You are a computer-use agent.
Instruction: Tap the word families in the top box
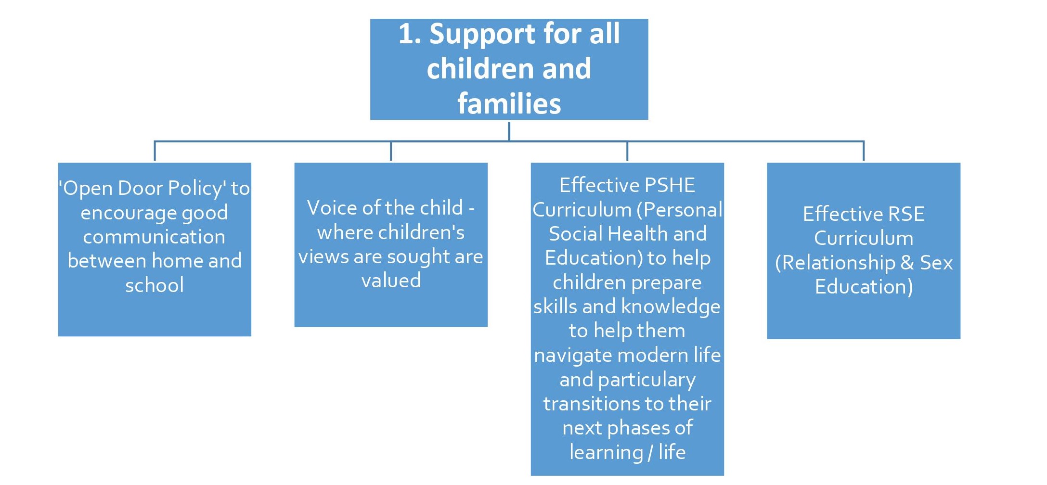tap(509, 103)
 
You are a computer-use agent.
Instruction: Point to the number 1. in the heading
tap(410, 35)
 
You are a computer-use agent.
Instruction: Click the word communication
tap(154, 237)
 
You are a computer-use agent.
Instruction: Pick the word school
tap(155, 285)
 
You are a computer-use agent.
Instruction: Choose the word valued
tap(391, 281)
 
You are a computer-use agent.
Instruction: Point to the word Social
tap(575, 234)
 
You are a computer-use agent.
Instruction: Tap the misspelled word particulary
tap(646, 380)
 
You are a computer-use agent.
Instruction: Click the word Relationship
tap(838, 263)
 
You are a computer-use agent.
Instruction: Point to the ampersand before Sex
tap(907, 263)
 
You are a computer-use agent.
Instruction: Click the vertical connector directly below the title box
tap(509, 130)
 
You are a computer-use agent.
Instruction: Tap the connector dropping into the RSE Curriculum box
tap(864, 151)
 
